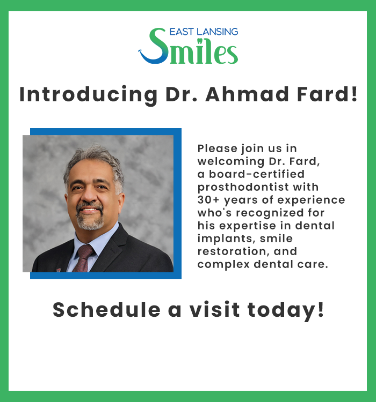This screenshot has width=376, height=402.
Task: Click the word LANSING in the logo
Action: [217, 32]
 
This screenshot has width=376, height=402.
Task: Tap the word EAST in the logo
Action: [182, 32]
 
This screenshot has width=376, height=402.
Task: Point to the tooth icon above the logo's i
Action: [199, 41]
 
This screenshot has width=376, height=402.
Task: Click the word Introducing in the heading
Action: [89, 95]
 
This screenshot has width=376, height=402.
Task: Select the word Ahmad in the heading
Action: [247, 94]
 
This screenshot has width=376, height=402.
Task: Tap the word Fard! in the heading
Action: [327, 94]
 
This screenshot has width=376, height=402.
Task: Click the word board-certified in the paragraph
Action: [257, 174]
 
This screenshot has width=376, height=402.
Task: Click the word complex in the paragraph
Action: [223, 265]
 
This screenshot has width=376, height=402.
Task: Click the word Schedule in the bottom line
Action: [107, 310]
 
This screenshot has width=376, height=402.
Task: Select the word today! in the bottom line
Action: [286, 311]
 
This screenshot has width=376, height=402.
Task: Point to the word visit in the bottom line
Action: [215, 310]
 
